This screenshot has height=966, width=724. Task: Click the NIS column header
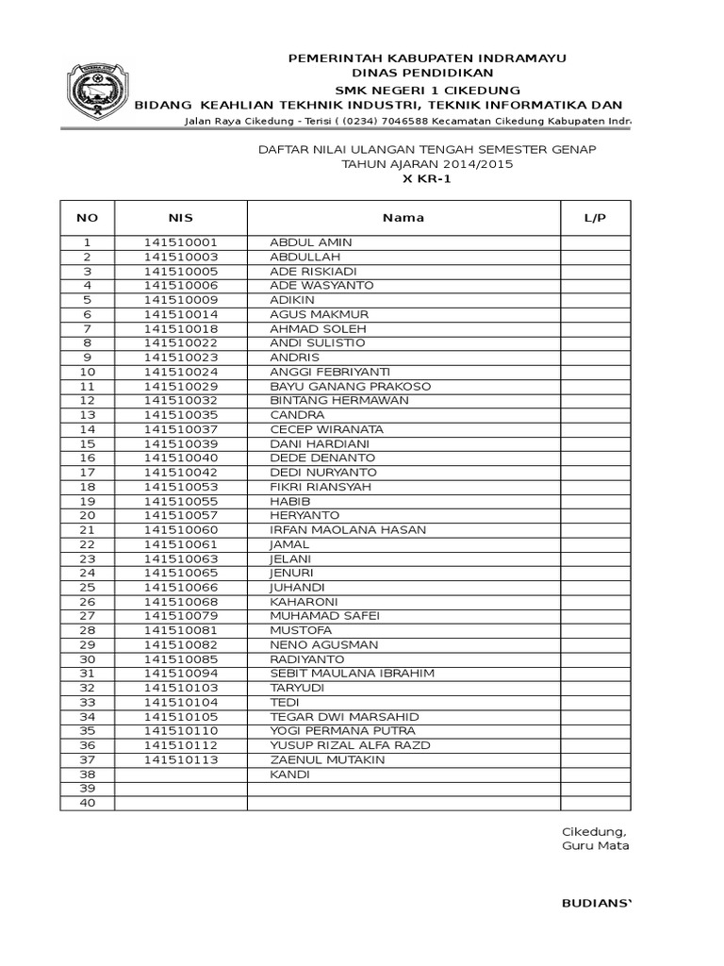click(x=180, y=218)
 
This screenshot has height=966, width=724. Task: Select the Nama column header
click(x=403, y=218)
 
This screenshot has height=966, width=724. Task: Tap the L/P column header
click(x=595, y=218)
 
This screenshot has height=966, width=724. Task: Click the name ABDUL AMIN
click(x=310, y=242)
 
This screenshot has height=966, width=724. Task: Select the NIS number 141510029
click(x=180, y=387)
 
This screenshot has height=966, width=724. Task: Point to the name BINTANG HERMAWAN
click(x=338, y=401)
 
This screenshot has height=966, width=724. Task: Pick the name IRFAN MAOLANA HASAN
click(x=348, y=530)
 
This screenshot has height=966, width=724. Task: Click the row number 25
click(x=88, y=588)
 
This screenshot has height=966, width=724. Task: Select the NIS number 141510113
click(x=180, y=760)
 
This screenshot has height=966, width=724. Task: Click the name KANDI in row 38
click(x=289, y=774)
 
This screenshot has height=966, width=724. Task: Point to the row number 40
click(x=88, y=803)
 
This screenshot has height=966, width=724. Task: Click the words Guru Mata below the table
click(x=594, y=845)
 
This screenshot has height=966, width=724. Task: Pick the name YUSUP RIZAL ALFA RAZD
click(x=350, y=745)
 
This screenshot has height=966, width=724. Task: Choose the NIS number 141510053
click(x=180, y=487)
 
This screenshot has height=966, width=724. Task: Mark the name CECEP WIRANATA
click(x=326, y=429)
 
